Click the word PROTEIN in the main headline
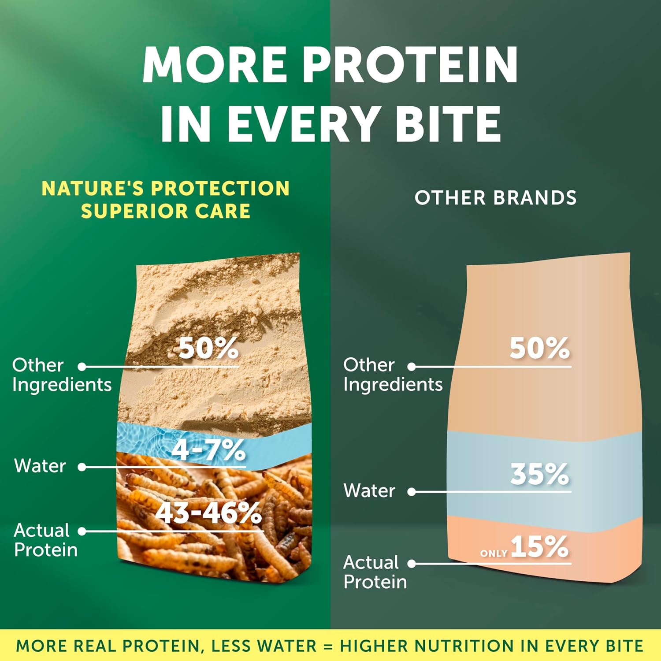[410, 65]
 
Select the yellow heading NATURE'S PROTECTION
[166, 188]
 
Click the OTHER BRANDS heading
[495, 198]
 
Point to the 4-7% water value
[208, 450]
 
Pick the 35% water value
[540, 475]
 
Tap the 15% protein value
[540, 546]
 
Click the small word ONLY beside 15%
[494, 553]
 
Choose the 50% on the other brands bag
[540, 348]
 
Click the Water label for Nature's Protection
[40, 466]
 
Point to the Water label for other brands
[369, 490]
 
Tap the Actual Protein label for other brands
[375, 572]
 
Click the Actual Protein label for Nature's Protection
[46, 540]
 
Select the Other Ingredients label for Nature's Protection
[62, 375]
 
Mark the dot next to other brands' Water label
[412, 492]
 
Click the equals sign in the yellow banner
[328, 646]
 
